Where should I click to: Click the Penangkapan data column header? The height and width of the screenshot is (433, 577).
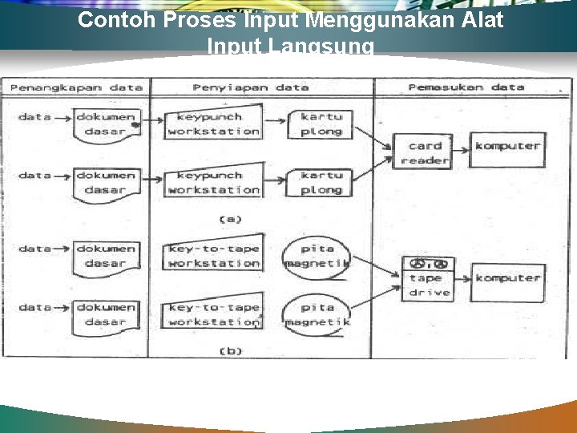[77, 87]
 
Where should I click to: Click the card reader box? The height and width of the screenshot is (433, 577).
[425, 152]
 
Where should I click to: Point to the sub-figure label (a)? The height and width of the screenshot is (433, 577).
[231, 218]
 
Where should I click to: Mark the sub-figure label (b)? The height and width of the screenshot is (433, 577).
[231, 350]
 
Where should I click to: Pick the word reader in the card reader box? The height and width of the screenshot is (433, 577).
[425, 160]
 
